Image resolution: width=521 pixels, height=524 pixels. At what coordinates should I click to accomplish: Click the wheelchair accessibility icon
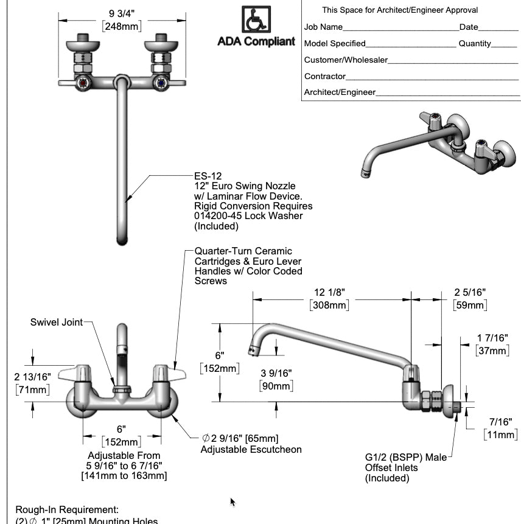[256, 20]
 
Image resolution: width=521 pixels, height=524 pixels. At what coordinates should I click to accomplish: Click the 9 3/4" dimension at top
[122, 13]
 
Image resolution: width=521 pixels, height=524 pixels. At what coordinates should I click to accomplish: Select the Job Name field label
[323, 27]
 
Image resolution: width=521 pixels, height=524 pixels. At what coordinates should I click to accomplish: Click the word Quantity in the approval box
[475, 43]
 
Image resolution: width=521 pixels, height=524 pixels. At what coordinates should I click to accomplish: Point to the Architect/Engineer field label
[340, 93]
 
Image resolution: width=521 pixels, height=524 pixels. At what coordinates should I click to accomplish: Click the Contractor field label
[325, 77]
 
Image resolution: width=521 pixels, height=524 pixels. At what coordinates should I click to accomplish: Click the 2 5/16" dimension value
[469, 293]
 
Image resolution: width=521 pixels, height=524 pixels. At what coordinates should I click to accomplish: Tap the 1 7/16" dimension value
[492, 338]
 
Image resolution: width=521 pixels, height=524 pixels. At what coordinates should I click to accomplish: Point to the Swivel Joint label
[56, 322]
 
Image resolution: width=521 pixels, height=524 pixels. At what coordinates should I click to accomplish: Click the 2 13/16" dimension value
[32, 377]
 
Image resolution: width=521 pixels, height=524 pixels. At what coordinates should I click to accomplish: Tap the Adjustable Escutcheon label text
[251, 449]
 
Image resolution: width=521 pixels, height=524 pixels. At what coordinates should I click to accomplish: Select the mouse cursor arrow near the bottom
[233, 485]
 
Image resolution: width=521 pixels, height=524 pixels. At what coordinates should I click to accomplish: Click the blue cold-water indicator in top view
[161, 84]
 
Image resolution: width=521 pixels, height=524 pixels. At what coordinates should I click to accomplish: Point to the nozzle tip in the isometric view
[365, 175]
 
